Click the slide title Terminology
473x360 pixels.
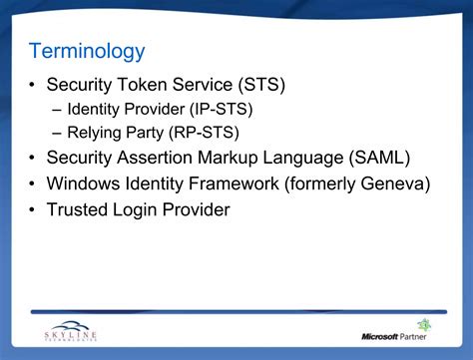point(87,51)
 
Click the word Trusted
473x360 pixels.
point(80,209)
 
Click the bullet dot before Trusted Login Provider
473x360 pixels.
point(34,210)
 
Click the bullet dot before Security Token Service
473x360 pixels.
point(34,85)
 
